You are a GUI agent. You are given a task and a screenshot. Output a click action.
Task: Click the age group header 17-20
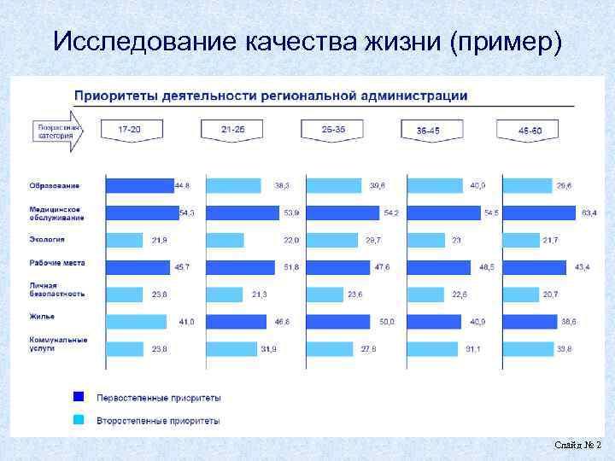click(x=130, y=130)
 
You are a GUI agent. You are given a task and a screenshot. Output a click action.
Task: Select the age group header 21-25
click(x=232, y=130)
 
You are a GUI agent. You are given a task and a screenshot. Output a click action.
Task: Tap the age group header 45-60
click(x=530, y=131)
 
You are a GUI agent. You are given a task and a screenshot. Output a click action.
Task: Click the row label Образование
click(x=55, y=185)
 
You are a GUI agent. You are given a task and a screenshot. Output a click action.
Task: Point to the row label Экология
click(x=48, y=240)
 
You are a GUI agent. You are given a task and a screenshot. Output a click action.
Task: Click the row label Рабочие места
click(x=57, y=263)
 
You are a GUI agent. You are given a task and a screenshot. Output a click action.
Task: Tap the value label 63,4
click(x=589, y=213)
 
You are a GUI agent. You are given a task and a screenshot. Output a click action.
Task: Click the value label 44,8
click(x=182, y=185)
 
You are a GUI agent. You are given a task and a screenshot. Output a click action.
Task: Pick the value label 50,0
click(x=386, y=322)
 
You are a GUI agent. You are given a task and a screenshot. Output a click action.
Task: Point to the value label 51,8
click(x=291, y=267)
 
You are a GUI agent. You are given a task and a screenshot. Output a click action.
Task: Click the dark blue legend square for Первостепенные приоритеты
click(x=79, y=397)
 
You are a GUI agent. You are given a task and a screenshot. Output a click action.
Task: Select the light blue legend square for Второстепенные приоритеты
click(x=79, y=420)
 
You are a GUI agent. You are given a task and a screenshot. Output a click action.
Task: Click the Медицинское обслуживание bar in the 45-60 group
click(x=539, y=213)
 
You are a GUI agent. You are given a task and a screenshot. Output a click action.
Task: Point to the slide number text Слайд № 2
click(x=577, y=445)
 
